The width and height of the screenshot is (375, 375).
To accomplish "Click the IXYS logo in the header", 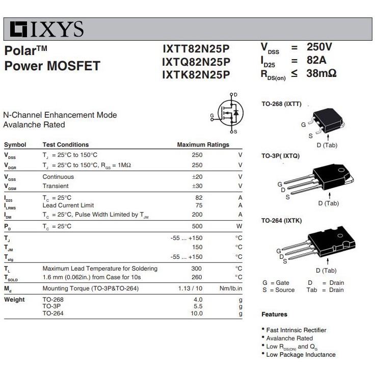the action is [47, 29].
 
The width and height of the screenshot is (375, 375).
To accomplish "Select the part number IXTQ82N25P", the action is [196, 62].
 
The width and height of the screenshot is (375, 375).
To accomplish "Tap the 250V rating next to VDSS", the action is [319, 47].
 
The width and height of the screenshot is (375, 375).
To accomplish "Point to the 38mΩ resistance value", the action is [322, 73].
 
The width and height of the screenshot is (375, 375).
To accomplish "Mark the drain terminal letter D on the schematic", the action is [235, 95].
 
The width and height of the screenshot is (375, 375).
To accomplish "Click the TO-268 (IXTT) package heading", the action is [281, 104].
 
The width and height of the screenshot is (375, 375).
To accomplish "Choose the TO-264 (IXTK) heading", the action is [281, 221].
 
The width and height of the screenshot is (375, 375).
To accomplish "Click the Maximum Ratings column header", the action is [203, 145].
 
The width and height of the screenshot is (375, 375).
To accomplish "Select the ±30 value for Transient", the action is [197, 186].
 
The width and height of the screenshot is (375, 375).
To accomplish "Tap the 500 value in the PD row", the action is [197, 226].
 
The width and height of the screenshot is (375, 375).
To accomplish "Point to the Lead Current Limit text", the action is [68, 205].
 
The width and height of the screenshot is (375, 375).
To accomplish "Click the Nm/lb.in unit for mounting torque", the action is [231, 288].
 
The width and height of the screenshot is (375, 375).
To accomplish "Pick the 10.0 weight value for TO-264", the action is [197, 313].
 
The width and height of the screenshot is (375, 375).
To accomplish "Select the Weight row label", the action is [14, 300].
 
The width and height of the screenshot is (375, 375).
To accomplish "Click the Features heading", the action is [274, 314].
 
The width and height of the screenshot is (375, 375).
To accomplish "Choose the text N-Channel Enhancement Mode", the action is [60, 115].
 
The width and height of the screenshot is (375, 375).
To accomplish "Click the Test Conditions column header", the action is [66, 145].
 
